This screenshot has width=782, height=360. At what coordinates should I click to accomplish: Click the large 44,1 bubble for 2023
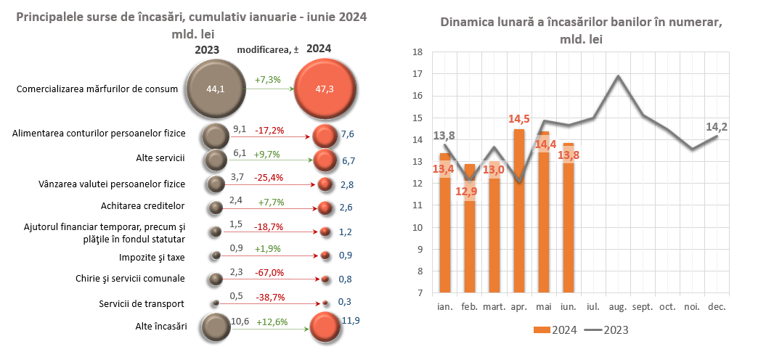tap(216, 89)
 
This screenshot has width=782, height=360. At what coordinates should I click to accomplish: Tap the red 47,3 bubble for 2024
tap(326, 89)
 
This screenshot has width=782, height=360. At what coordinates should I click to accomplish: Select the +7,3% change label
tap(268, 79)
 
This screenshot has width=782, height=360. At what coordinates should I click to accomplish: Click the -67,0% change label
tap(269, 272)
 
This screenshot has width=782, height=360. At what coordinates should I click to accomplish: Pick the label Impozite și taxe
tap(151, 256)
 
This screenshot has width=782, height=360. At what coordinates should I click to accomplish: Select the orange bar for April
tap(519, 210)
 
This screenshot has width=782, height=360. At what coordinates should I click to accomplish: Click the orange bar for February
tap(470, 229)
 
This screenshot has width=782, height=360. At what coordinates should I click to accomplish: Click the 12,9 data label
tap(469, 191)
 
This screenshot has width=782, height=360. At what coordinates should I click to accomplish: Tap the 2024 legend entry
tap(556, 330)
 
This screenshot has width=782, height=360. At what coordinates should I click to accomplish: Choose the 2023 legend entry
tap(607, 330)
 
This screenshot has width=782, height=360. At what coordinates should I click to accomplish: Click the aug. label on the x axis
tap(618, 307)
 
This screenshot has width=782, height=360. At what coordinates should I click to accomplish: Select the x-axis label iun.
tap(569, 307)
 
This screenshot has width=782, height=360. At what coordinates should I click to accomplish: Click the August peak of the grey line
tap(618, 75)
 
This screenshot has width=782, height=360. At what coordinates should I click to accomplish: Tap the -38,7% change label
tap(269, 298)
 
